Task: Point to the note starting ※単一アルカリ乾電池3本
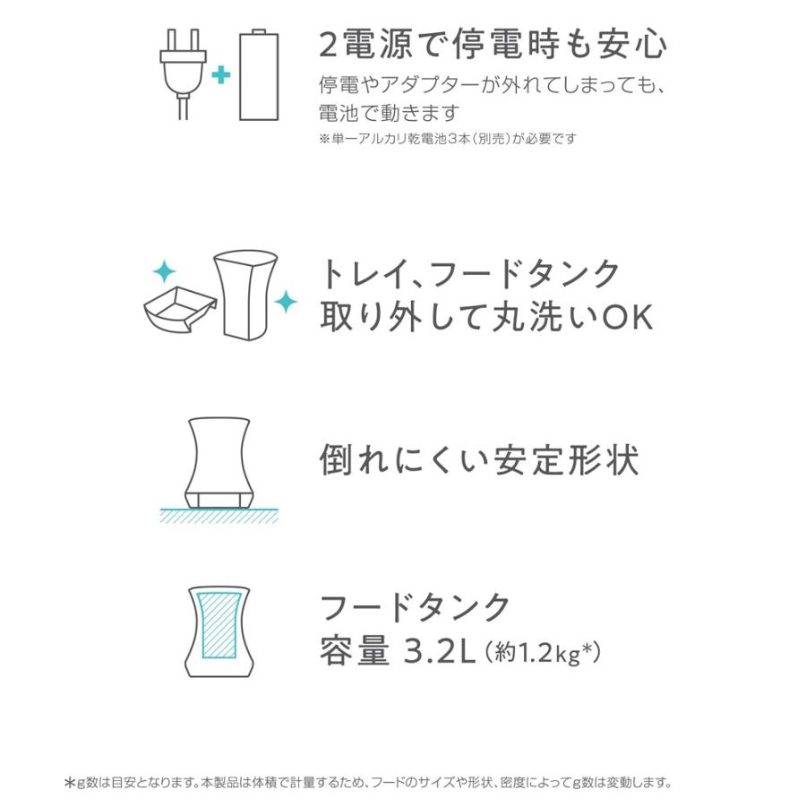(x=447, y=139)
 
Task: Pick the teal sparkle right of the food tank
(x=286, y=302)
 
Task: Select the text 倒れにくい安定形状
(x=479, y=460)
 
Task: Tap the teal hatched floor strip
(x=219, y=515)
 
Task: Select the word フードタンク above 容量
(x=416, y=607)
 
